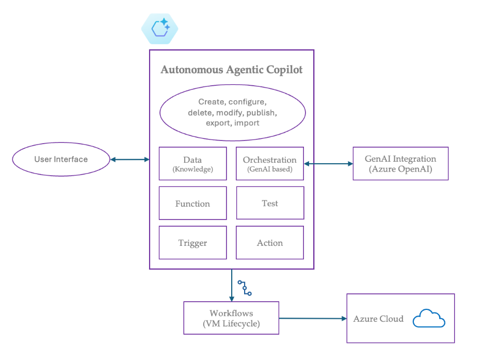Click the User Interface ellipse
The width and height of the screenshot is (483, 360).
click(x=61, y=159)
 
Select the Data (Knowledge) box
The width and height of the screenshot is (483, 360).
click(x=192, y=164)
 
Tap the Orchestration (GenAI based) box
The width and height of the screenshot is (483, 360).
click(x=270, y=164)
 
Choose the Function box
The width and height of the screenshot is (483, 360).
click(x=192, y=204)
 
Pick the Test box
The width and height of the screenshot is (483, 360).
click(x=270, y=203)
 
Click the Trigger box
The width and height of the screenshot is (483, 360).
click(x=192, y=243)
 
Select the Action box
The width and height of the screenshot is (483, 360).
click(x=270, y=243)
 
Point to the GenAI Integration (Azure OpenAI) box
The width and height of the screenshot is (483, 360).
click(x=400, y=164)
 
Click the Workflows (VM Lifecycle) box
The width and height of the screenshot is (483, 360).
click(x=231, y=318)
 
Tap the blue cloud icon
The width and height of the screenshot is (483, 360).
click(x=428, y=319)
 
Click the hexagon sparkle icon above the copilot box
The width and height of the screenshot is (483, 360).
click(x=159, y=28)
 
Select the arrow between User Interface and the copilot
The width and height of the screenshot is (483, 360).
click(x=130, y=160)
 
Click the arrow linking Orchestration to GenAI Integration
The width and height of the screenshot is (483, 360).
click(x=328, y=164)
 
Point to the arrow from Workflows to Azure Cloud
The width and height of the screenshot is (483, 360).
click(x=313, y=318)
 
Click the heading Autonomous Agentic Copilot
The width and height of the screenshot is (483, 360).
click(x=232, y=70)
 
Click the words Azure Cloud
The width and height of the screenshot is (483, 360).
click(x=378, y=319)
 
